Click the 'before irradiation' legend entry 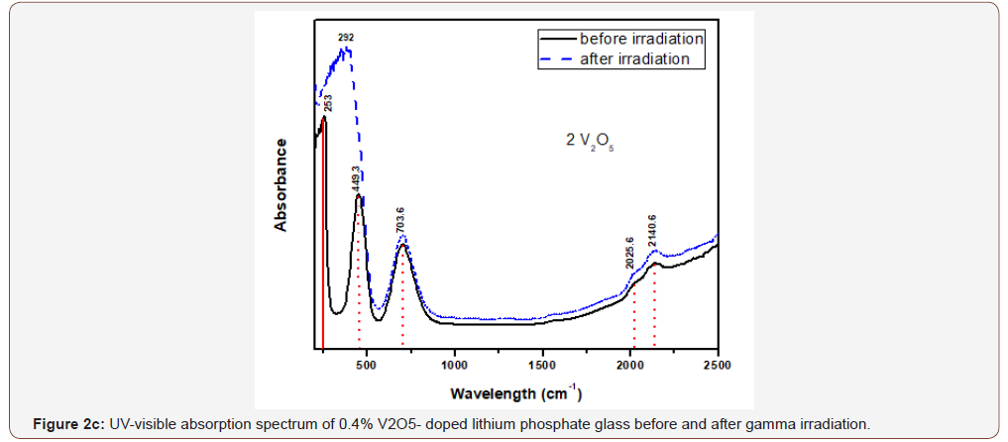coord(641,39)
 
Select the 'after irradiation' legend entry coord(634,58)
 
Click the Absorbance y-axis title coord(281,184)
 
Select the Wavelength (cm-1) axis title coord(515,393)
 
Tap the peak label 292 coord(346,38)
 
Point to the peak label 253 coord(328,102)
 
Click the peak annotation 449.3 coord(356,179)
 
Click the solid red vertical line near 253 coord(323,248)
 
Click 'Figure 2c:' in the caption coord(64,424)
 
